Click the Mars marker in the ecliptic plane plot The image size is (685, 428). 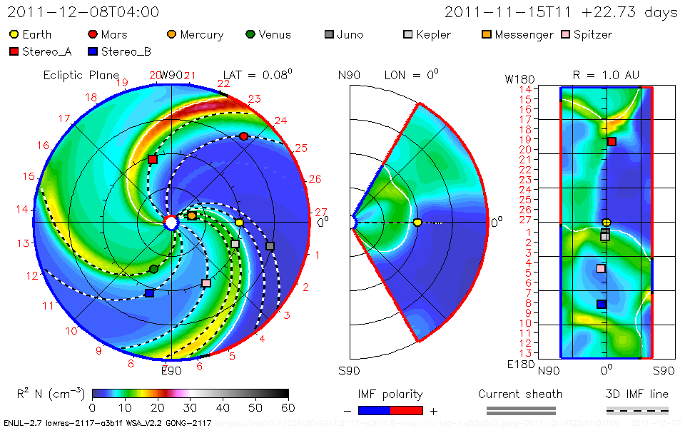244,136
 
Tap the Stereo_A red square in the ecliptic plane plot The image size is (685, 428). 153,159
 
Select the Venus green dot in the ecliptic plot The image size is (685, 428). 154,269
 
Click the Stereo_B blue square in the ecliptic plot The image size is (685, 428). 149,293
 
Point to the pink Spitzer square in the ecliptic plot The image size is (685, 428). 206,283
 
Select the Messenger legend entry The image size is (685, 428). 512,34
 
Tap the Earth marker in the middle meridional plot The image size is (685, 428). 417,223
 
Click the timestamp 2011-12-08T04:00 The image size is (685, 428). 83,12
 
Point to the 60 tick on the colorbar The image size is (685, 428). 288,407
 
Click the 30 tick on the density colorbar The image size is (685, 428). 190,407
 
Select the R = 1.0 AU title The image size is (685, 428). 606,75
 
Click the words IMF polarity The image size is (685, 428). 390,394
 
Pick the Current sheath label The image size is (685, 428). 520,394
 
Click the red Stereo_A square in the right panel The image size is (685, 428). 612,142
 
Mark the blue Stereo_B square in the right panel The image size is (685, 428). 602,304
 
